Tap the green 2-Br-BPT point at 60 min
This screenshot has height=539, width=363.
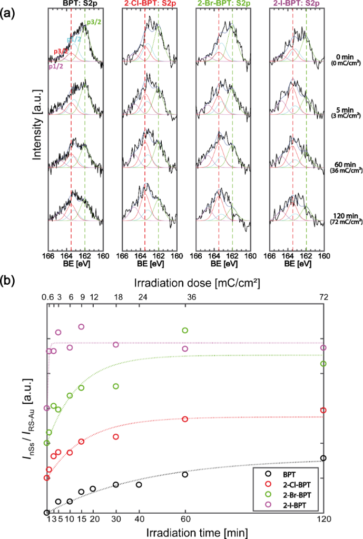[x=185, y=331]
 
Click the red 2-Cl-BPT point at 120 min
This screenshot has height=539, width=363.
[x=323, y=411]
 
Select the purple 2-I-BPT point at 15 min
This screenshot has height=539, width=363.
[x=81, y=327]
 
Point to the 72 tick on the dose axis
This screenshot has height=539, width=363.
[x=323, y=298]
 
